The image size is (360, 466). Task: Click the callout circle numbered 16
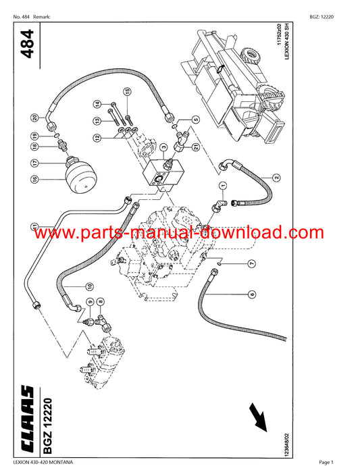pos(34,180)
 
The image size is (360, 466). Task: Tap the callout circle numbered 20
pos(35,118)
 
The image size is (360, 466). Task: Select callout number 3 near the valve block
pos(163,147)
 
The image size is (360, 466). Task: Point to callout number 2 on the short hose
pos(276,178)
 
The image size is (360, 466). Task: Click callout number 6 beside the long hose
pos(252,294)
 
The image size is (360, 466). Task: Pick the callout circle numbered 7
pos(252,263)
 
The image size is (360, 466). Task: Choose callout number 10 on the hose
pos(89,286)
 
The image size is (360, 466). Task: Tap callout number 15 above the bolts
pos(127,92)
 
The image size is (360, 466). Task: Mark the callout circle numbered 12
pos(97,138)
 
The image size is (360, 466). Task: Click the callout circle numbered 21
pos(196,147)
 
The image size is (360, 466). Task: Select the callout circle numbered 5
pos(196,120)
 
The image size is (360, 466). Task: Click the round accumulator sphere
pos(82,176)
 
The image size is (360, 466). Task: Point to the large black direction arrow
pos(258,417)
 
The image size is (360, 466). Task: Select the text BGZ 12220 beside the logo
pos(47,426)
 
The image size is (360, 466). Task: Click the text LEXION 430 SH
pos(286,41)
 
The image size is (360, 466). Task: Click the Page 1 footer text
pos(326,462)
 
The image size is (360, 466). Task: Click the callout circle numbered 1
pos(223,186)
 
